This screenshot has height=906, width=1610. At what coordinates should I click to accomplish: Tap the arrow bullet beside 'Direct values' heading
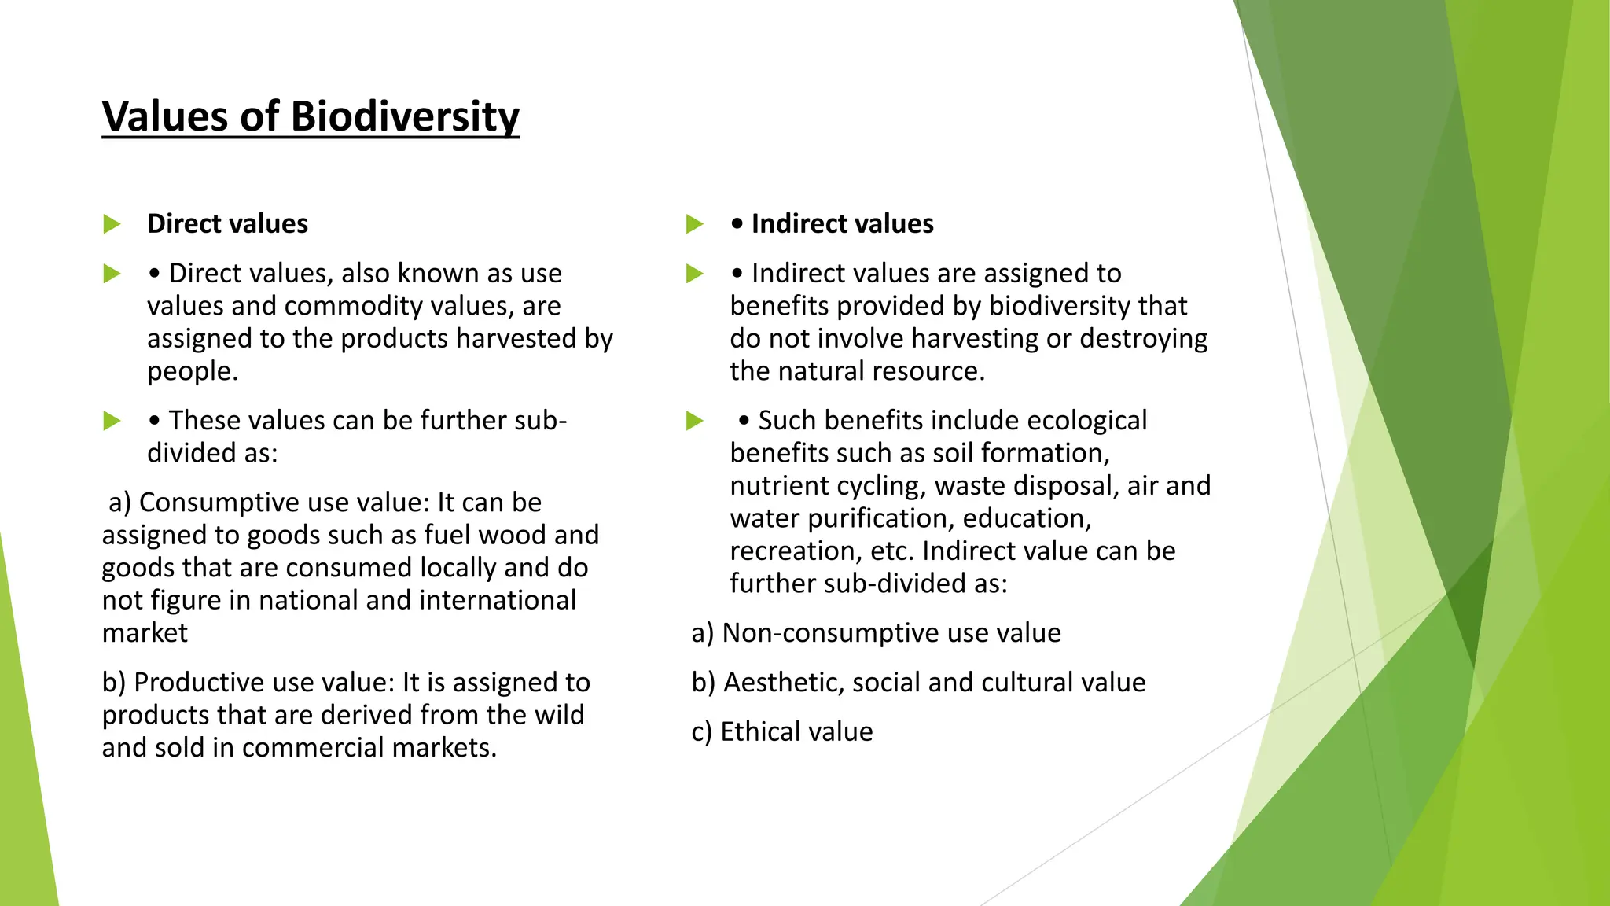(112, 224)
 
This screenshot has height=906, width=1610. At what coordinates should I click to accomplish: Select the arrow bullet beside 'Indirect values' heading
(694, 224)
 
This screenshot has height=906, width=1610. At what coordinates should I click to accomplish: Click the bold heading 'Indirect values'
(842, 224)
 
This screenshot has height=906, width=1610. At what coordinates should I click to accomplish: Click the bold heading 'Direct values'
(227, 224)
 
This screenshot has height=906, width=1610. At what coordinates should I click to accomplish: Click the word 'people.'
(193, 371)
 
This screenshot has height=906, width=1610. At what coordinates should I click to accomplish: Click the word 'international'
(498, 601)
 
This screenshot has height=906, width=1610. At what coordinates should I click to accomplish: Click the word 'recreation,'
(796, 551)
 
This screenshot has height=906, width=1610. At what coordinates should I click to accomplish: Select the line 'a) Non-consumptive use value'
(876, 633)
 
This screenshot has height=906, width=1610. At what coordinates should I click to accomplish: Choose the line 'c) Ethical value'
(782, 732)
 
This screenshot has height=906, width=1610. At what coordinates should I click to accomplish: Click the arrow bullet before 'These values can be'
(112, 421)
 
